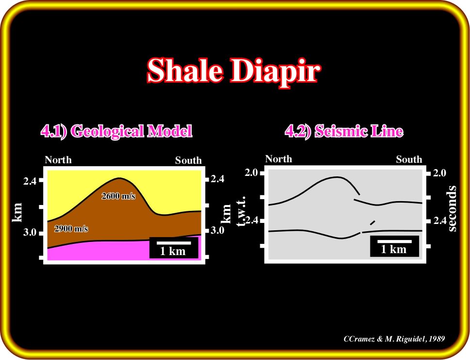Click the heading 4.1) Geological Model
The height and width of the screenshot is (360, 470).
click(117, 131)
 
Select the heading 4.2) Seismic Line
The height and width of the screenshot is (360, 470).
click(344, 131)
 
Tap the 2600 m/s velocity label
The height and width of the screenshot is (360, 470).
click(118, 196)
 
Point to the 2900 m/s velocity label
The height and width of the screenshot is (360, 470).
click(71, 229)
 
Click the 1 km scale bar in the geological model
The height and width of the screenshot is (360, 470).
click(174, 243)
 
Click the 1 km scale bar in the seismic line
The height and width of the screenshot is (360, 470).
click(394, 241)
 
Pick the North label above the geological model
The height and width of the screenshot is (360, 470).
click(58, 160)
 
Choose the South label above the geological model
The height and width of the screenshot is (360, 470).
click(188, 160)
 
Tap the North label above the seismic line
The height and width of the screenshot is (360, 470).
click(279, 159)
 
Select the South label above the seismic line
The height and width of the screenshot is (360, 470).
click(409, 159)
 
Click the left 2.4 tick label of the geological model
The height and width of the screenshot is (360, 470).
click(30, 181)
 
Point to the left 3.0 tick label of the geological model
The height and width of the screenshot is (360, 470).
click(30, 232)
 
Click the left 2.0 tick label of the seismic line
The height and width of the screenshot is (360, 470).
click(251, 172)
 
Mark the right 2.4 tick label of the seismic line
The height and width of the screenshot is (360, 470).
click(440, 221)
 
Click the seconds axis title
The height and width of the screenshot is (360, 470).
click(453, 208)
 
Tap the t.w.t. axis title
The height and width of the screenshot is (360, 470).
click(242, 211)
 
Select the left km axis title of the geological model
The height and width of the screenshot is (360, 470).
click(17, 212)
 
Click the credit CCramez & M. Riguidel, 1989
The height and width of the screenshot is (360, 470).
click(394, 339)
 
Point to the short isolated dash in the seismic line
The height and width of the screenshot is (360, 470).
click(372, 223)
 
